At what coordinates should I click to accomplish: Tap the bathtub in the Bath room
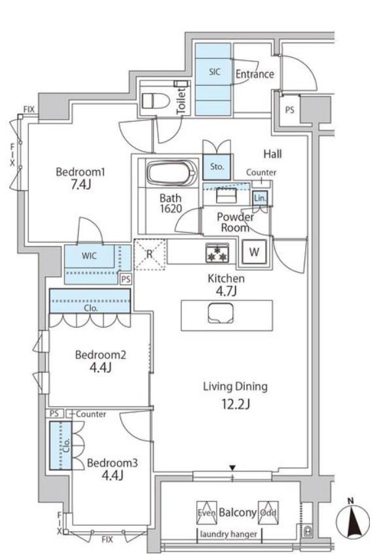pyautogui.click(x=171, y=174)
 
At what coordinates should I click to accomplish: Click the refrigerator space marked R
pyautogui.click(x=149, y=254)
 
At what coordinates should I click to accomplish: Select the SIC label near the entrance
pyautogui.click(x=215, y=73)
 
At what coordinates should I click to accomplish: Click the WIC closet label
pyautogui.click(x=89, y=256)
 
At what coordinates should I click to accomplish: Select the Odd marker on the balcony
pyautogui.click(x=267, y=513)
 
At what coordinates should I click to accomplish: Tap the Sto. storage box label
pyautogui.click(x=217, y=167)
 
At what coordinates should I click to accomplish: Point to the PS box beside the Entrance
pyautogui.click(x=289, y=110)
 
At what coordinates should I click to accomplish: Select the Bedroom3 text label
pyautogui.click(x=113, y=462)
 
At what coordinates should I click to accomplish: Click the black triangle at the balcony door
pyautogui.click(x=232, y=467)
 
